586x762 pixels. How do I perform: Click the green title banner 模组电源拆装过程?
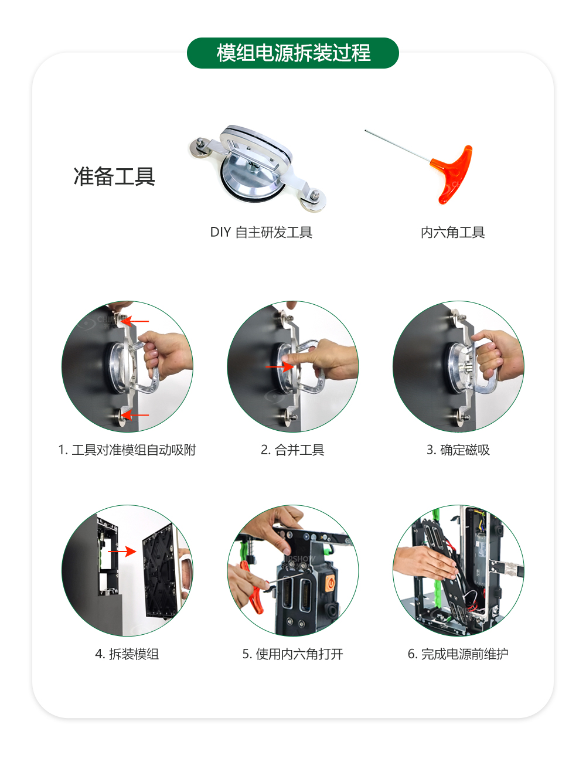tap(293, 53)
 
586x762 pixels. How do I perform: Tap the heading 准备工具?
tap(114, 176)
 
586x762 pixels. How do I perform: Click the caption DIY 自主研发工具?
tap(261, 233)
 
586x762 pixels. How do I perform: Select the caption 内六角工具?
tap(452, 233)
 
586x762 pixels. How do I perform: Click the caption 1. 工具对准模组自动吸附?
tap(127, 450)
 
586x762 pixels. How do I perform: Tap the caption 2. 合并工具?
tap(292, 450)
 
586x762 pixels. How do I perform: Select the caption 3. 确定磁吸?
tap(458, 450)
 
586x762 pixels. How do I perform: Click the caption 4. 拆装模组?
tap(127, 654)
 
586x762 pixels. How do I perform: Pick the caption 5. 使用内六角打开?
tap(292, 654)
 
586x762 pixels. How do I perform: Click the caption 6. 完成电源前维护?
tap(458, 654)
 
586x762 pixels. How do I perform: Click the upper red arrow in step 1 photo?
tap(137, 321)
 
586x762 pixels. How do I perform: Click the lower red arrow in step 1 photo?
tap(137, 415)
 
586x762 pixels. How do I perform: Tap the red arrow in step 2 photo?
tap(279, 368)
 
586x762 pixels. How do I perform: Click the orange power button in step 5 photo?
tap(329, 584)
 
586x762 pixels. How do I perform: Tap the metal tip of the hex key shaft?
tap(367, 131)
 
